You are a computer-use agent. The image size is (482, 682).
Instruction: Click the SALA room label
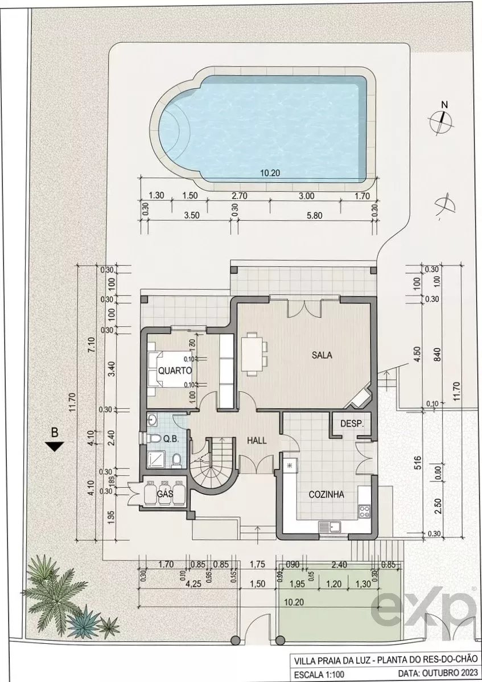(x=322, y=355)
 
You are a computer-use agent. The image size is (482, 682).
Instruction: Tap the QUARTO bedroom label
(x=175, y=370)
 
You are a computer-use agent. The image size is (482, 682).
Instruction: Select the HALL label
(x=257, y=440)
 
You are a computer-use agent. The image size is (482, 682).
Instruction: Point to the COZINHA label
(x=326, y=495)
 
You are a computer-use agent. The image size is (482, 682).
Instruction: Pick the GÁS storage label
(x=165, y=494)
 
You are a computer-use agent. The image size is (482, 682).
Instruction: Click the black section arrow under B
(x=55, y=446)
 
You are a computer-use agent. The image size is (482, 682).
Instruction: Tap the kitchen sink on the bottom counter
(x=330, y=528)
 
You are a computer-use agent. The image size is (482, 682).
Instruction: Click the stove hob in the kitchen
(x=364, y=511)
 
